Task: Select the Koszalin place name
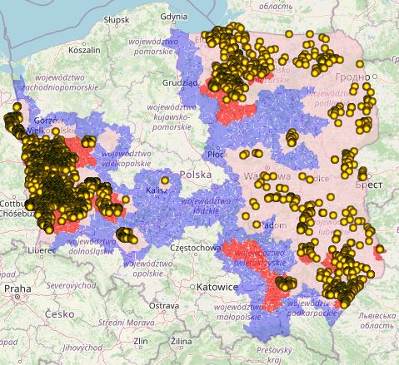(72, 50)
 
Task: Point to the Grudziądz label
(178, 83)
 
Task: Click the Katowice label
(219, 287)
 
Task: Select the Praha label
(17, 288)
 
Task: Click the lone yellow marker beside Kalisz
(165, 180)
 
